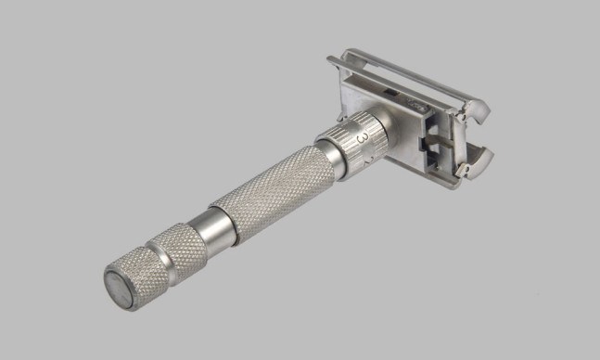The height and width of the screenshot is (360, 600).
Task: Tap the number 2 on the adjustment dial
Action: click(x=366, y=161)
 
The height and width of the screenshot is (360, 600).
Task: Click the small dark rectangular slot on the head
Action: click(x=390, y=92)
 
